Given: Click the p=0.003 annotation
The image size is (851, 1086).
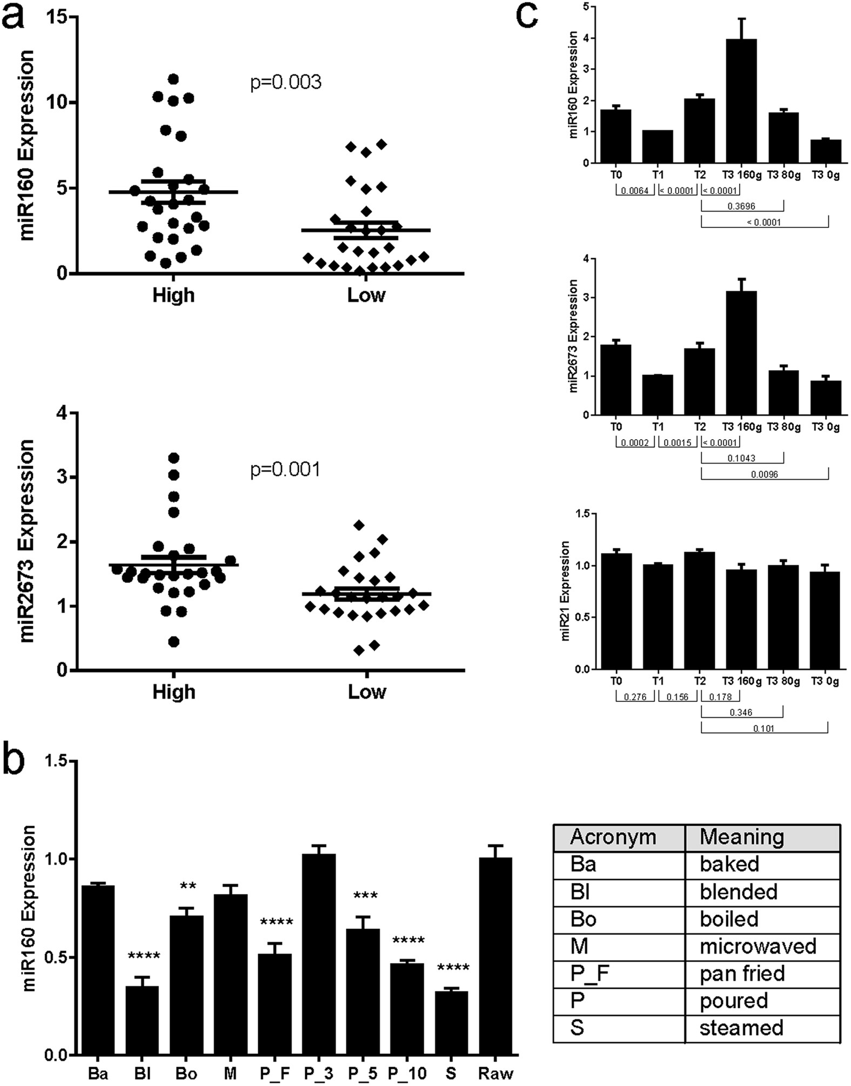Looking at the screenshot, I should [286, 83].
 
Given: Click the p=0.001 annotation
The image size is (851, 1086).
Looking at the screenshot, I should [286, 470].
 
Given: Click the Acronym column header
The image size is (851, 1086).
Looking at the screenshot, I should [613, 837].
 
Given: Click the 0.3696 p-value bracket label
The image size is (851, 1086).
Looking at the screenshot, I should [741, 206].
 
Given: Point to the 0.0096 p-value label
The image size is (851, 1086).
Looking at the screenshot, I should [763, 474].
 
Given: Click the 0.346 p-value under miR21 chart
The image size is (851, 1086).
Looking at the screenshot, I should [741, 713].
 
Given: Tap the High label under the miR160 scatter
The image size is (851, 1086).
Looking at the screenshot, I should [173, 296].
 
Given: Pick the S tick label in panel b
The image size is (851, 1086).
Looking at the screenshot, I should [451, 1072].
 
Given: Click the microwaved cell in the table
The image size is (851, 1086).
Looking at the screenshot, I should [758, 946].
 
